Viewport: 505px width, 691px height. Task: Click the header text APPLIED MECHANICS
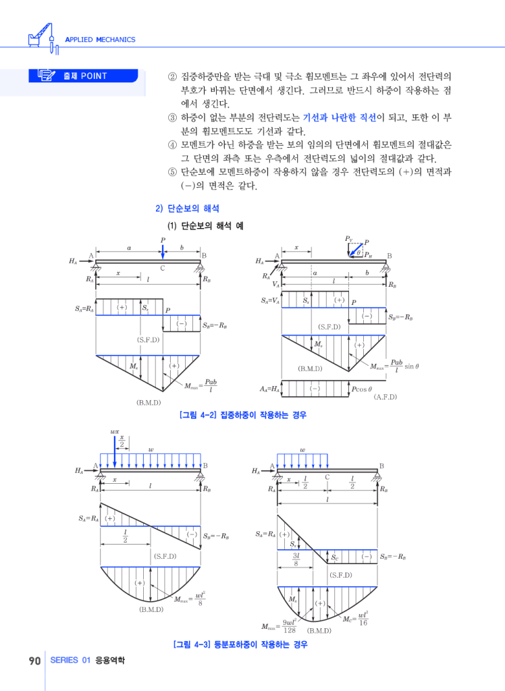point(100,40)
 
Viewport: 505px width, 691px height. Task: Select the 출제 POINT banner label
point(84,76)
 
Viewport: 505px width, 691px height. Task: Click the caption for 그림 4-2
point(243,415)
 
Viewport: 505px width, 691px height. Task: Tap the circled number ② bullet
point(171,76)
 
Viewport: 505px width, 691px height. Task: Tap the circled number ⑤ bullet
point(171,172)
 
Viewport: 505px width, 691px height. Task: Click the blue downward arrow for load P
point(163,250)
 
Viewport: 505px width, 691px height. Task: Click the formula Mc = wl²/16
point(355,617)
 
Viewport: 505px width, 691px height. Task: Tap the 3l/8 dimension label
point(296,559)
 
